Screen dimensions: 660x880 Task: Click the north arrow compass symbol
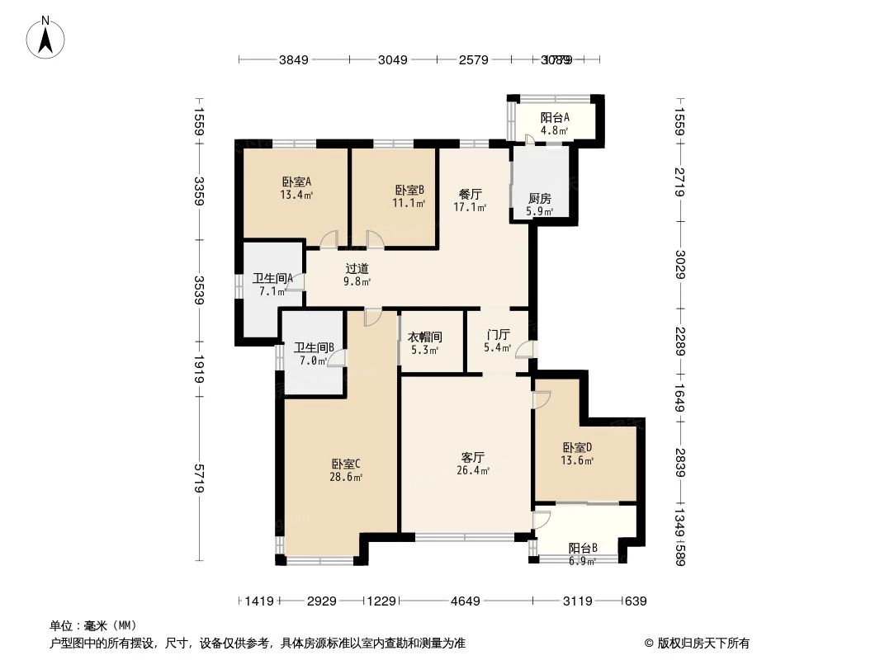45,37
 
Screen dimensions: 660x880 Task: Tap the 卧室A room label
296,188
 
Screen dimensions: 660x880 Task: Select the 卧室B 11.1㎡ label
409,196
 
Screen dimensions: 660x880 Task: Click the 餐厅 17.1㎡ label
470,200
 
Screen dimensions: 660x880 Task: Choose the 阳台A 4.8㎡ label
555,124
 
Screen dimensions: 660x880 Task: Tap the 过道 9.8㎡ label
357,274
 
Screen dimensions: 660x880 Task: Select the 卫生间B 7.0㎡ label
314,354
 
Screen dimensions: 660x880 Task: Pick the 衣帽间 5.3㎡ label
425,343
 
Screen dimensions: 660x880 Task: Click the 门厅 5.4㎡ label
498,341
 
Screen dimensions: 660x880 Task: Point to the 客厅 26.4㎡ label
472,463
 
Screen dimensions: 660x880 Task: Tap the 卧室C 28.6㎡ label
345,469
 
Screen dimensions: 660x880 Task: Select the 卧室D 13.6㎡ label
577,454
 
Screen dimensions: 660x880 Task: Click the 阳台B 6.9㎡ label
582,554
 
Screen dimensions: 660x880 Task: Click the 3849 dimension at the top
293,59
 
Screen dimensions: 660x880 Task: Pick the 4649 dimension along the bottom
466,601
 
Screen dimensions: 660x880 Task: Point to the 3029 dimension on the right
679,264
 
